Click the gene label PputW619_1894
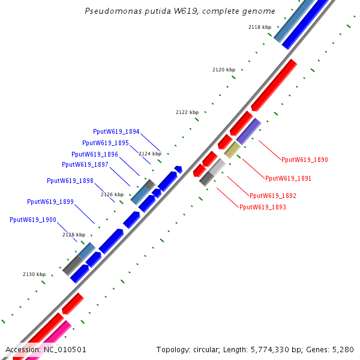(x=116, y=132)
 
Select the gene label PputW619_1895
(x=106, y=143)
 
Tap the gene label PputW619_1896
(x=95, y=154)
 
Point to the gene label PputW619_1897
(x=85, y=165)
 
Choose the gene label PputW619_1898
(x=70, y=181)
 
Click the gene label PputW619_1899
(x=50, y=202)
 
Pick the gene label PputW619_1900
(x=33, y=220)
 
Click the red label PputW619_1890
(x=305, y=160)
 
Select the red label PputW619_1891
(x=289, y=179)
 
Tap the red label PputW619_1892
(x=273, y=196)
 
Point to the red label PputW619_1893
(x=263, y=208)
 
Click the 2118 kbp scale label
(x=260, y=28)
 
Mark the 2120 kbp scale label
(x=224, y=70)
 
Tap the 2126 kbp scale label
(x=112, y=194)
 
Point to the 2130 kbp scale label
(x=34, y=274)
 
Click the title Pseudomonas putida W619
(x=180, y=11)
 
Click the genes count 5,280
(x=342, y=349)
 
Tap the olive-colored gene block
(x=232, y=150)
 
